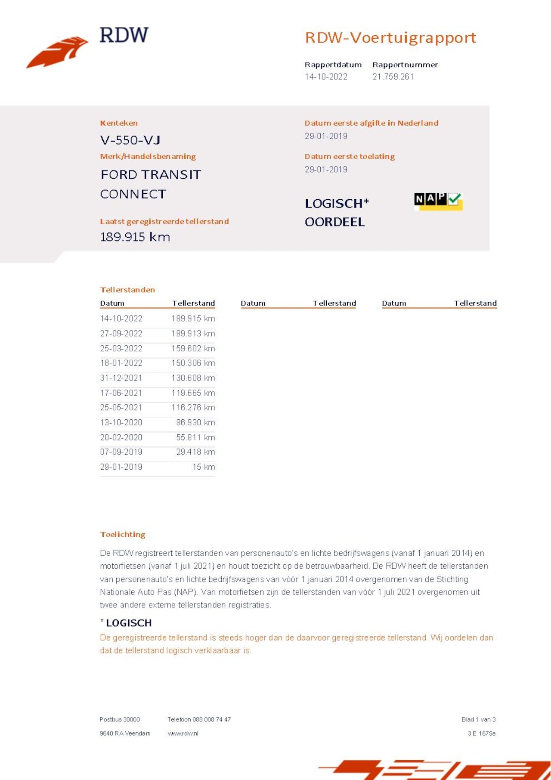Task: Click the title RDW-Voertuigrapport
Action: coord(390,38)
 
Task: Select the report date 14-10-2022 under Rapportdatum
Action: coord(326,77)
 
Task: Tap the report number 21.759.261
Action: coord(393,77)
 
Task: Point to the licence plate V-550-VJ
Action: coord(130,140)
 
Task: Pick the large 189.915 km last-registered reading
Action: coord(135,237)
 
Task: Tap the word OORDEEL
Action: coord(334,222)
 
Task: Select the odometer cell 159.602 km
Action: coord(193,348)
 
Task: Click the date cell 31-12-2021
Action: coord(121,378)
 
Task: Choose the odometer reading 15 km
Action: coord(203,467)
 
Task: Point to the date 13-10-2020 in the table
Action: coord(121,423)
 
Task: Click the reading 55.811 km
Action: coord(195,437)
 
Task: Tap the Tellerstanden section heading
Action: coord(127,290)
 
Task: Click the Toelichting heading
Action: coord(122,534)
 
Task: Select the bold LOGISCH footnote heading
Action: coord(128,623)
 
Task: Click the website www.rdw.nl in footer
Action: coord(183,734)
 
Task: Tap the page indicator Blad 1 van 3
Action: coord(478,719)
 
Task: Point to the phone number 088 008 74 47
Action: coord(211,719)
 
